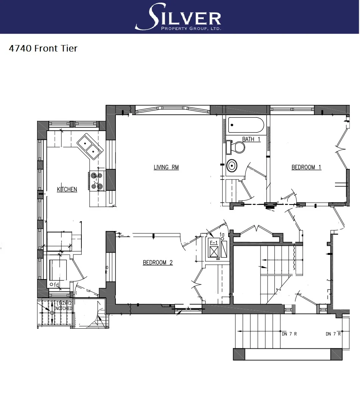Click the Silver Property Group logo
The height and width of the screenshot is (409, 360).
pos(178,17)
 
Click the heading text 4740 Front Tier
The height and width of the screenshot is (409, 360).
pos(43,48)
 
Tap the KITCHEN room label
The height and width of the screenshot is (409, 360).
pos(67,189)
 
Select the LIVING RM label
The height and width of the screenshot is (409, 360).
pos(166,167)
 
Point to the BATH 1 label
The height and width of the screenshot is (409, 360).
pos(251,139)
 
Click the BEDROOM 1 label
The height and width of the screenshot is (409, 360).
pos(306,167)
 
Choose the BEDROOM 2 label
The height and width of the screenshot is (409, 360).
pos(157,262)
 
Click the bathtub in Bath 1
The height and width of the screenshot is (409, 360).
pos(246,125)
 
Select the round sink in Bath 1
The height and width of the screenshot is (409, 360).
pos(232,165)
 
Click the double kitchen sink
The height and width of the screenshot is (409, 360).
pos(90,147)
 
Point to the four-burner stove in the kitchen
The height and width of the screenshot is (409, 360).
pos(97,181)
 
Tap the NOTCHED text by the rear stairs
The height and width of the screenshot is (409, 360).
pos(63,309)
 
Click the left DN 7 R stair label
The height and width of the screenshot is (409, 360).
pos(289,334)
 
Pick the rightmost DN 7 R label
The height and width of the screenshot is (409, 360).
pos(333,334)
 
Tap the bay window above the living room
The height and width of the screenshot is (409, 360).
pos(172,110)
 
